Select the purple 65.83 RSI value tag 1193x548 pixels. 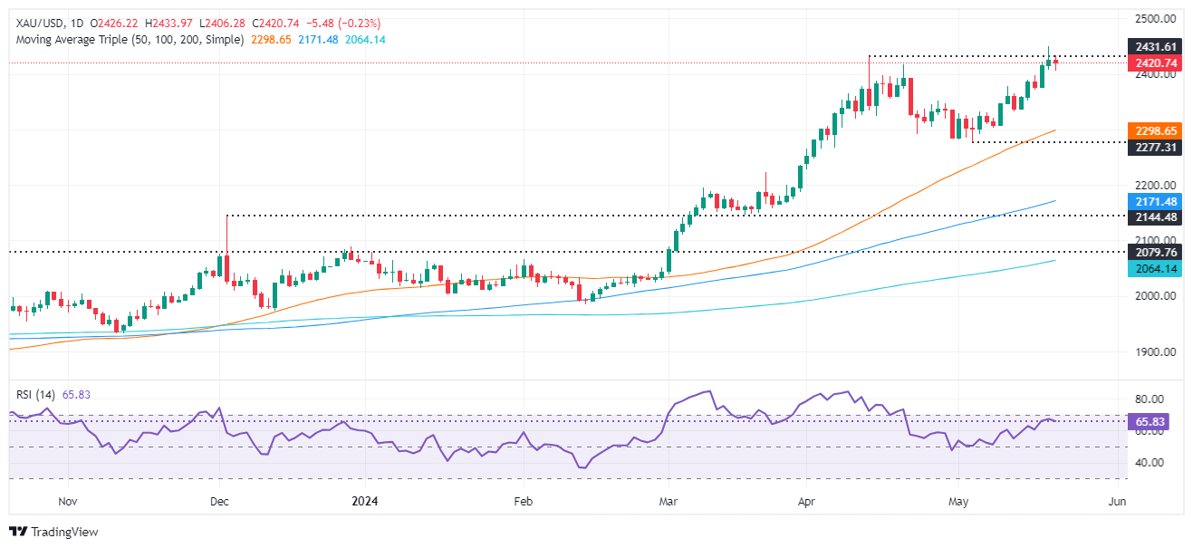(x=1152, y=421)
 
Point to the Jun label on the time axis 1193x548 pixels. (x=1118, y=501)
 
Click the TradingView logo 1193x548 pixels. (x=53, y=532)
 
